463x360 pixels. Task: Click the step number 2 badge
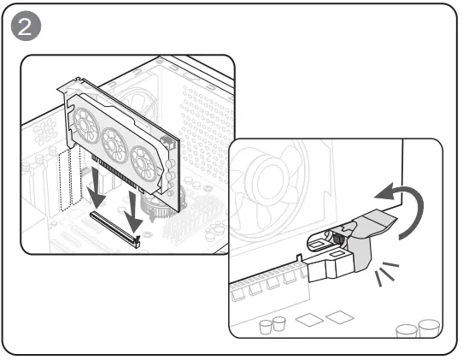[26, 26]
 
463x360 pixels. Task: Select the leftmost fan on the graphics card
[86, 126]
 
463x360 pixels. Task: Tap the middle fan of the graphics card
[114, 145]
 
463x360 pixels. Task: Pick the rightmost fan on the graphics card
[144, 163]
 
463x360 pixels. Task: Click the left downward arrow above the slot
[97, 187]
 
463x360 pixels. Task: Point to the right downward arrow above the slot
[133, 212]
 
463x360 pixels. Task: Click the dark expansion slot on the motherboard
[115, 229]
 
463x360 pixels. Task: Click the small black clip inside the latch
[337, 238]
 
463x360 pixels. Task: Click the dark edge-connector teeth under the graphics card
[116, 174]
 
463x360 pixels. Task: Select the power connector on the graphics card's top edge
[167, 143]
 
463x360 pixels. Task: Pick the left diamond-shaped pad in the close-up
[309, 320]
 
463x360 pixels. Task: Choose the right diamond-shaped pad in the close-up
[340, 317]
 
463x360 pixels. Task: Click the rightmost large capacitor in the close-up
[429, 328]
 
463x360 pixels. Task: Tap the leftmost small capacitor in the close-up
[266, 327]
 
